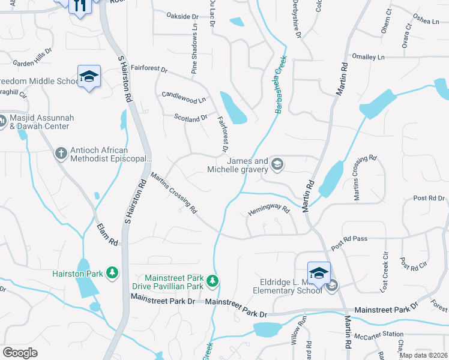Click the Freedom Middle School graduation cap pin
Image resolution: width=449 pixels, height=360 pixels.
coord(89,77)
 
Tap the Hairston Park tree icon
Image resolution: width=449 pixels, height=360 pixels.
coord(112,273)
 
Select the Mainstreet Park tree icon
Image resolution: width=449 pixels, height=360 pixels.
coord(212,280)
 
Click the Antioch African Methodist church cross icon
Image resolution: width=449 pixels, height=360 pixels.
coord(61,154)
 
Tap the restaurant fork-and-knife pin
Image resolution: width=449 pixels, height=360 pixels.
coord(80,6)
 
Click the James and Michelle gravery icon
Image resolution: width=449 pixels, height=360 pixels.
coord(277,164)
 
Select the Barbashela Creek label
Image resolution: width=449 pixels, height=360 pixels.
coord(281,85)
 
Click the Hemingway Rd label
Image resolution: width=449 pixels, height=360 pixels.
coord(269,211)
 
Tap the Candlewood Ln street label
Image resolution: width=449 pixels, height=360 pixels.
coord(184,96)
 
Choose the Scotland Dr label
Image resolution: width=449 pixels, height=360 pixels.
coord(190,119)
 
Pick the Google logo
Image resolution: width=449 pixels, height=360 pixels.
coord(20,353)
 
